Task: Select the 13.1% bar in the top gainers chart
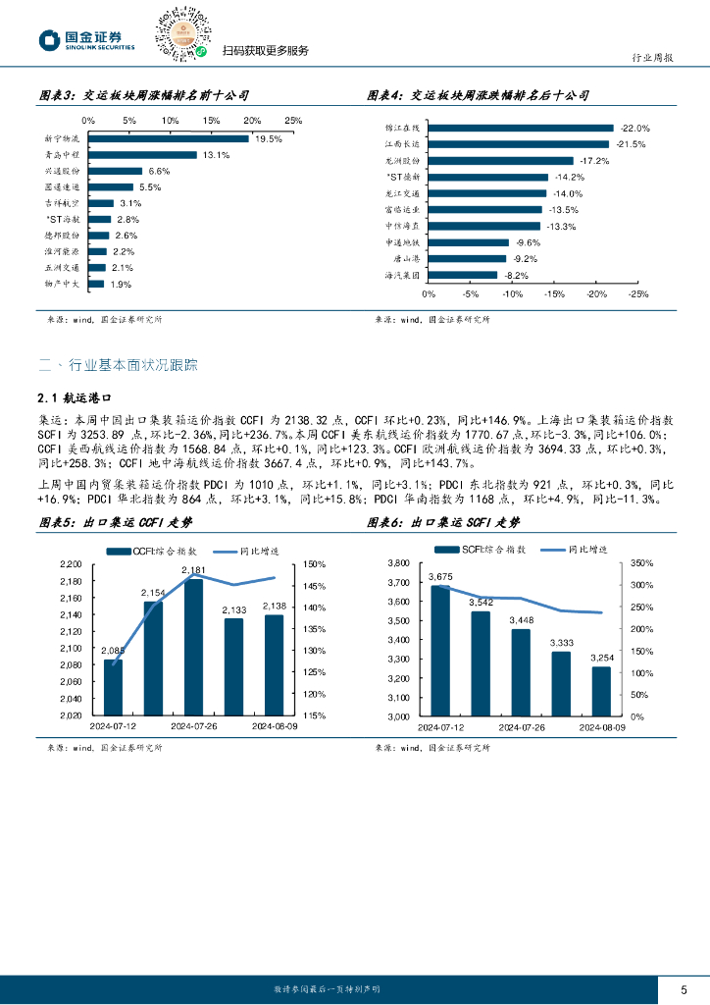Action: (143, 155)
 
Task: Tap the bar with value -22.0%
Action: (521, 129)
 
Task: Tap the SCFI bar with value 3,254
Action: (601, 691)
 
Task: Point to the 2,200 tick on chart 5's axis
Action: (72, 564)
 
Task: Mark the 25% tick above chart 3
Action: (292, 120)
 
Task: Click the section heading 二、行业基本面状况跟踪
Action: (118, 365)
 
